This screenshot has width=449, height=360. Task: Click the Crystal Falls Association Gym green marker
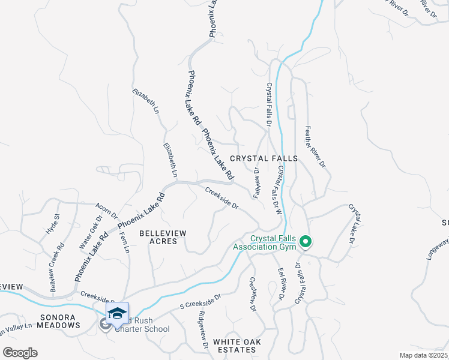tap(306, 242)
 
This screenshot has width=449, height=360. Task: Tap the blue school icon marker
tap(117, 313)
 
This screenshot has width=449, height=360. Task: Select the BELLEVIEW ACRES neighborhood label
tap(163, 236)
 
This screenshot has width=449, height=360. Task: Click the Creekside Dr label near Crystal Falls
tap(222, 198)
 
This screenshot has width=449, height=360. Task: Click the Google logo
tap(20, 353)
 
